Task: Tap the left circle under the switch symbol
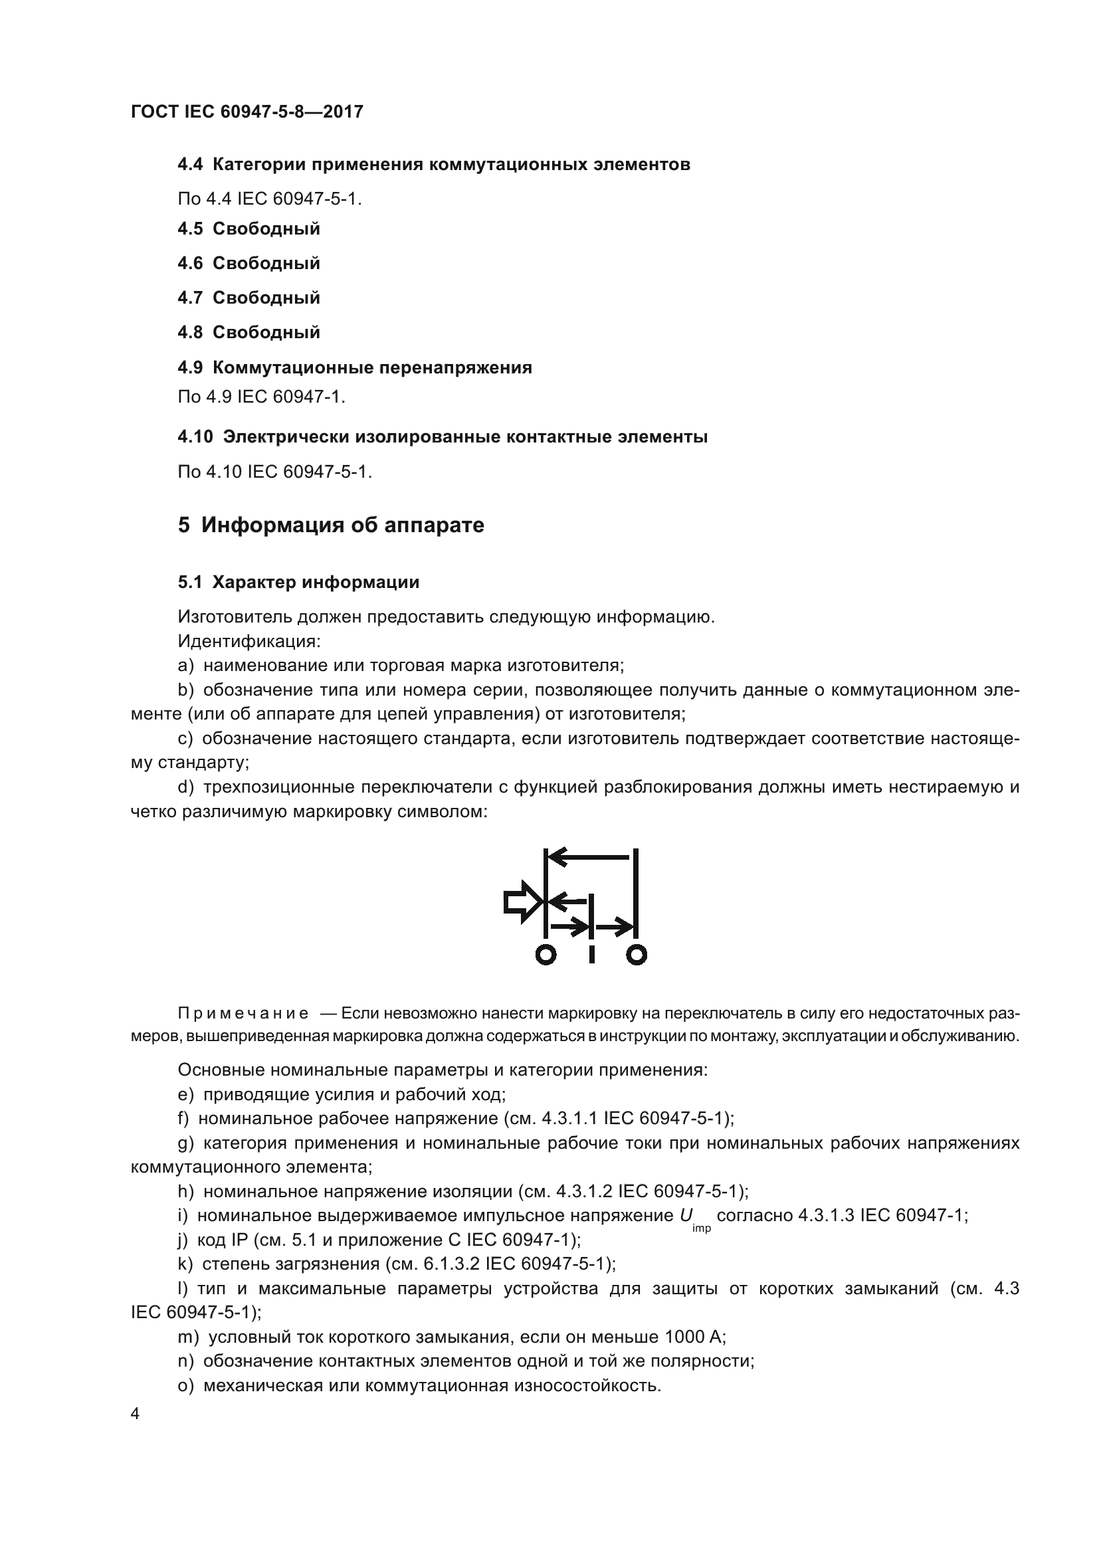[x=546, y=954]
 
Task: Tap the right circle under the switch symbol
[x=636, y=954]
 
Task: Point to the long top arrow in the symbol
[x=589, y=858]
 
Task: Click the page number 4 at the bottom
[x=135, y=1414]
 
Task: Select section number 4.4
[x=190, y=165]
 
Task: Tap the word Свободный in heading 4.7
[x=266, y=298]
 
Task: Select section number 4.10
[x=195, y=437]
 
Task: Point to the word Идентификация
[x=249, y=640]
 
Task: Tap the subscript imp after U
[x=702, y=1228]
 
